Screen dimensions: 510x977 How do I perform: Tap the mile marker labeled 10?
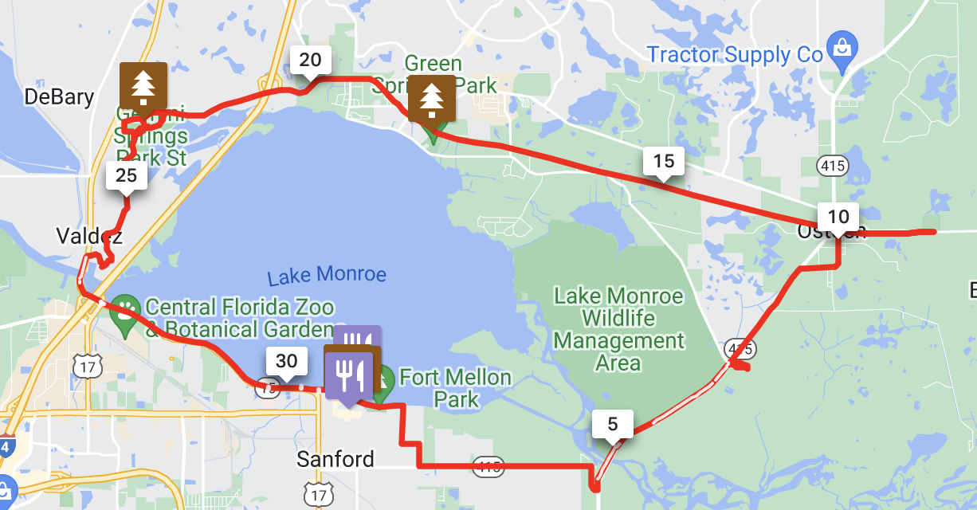[x=838, y=217]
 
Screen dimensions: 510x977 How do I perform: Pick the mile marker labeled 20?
[x=310, y=60]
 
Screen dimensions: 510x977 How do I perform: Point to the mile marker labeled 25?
[x=127, y=175]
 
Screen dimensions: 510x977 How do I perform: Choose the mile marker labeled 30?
[x=286, y=362]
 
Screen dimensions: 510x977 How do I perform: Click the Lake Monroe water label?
[x=327, y=276]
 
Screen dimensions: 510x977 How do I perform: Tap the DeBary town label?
[x=59, y=97]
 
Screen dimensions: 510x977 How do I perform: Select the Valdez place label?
[x=89, y=236]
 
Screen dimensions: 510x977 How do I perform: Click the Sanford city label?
[x=335, y=460]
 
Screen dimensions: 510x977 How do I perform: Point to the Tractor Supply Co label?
[x=734, y=55]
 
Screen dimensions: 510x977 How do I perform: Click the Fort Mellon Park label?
[x=455, y=387]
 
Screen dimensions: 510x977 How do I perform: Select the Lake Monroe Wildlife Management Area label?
[x=618, y=329]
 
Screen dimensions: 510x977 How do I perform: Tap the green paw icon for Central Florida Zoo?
[x=125, y=306]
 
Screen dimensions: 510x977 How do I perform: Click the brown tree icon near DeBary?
[x=143, y=84]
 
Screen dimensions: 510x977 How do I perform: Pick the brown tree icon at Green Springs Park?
[x=431, y=98]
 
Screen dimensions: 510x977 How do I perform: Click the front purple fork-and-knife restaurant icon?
[x=348, y=373]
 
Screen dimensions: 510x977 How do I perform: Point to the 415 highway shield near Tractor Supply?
[x=832, y=165]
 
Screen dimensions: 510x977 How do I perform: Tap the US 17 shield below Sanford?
[x=320, y=495]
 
